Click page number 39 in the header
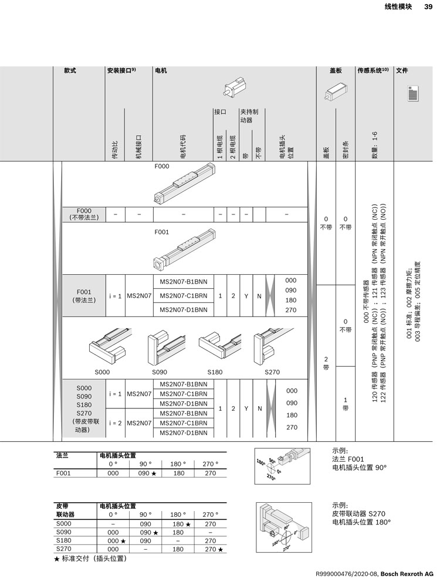(x=428, y=7)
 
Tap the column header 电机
(x=161, y=71)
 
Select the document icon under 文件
(x=412, y=94)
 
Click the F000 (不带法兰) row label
(x=84, y=214)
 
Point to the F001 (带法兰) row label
(x=84, y=295)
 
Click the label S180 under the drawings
(x=215, y=372)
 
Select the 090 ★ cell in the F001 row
(x=146, y=474)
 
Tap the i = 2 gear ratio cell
(x=115, y=423)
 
